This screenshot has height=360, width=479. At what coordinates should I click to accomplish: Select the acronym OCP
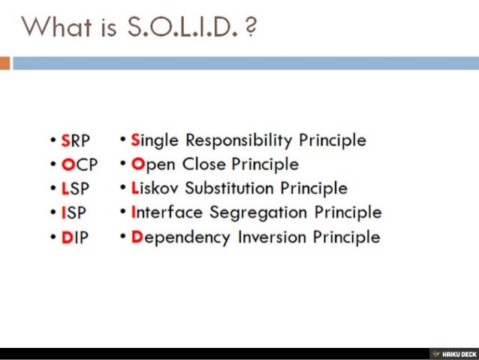77,165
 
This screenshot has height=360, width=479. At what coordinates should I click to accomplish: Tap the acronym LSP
74,189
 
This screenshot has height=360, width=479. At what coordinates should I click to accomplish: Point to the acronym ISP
74,213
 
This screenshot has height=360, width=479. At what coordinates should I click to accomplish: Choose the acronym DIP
74,237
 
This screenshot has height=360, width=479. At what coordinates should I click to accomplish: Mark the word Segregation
260,213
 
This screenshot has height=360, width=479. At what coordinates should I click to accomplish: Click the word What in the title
53,28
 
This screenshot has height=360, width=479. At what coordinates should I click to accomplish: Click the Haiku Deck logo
453,353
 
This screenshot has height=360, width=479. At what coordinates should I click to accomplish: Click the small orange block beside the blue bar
5,63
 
